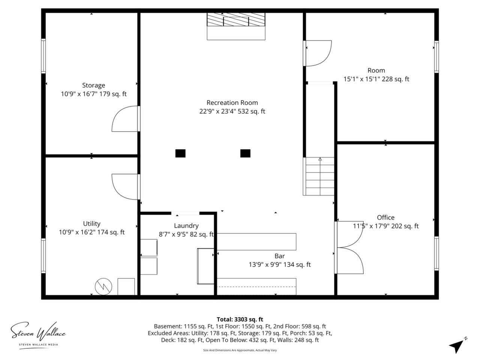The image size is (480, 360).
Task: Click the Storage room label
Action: point(94,85)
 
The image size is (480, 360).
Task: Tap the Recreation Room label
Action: point(232,103)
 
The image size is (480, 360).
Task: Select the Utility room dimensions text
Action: point(91,232)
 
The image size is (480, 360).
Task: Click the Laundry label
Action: point(186,226)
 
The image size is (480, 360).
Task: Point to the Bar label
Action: point(280,256)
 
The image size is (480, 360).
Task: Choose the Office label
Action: point(386,217)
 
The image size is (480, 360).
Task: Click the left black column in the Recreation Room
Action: point(180,153)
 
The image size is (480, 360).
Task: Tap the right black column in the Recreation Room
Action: point(245,153)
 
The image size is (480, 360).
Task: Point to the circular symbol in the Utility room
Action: point(103,286)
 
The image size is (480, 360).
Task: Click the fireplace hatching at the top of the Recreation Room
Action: point(236,19)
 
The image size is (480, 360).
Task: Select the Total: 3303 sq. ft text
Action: point(240,319)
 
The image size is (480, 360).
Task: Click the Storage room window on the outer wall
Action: point(43,56)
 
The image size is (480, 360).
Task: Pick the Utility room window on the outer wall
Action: point(43,256)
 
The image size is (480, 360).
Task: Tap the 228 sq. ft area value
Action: point(395,79)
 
